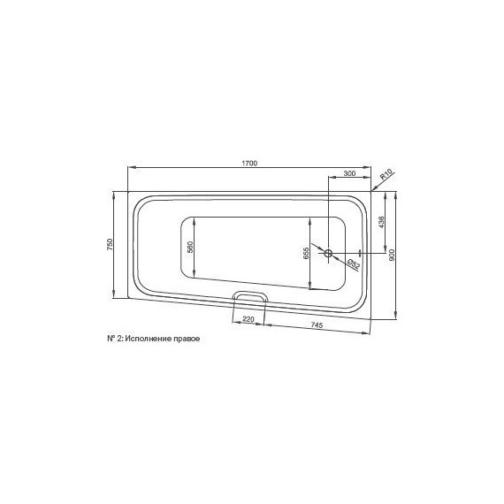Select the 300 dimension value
349,173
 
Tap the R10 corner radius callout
386,176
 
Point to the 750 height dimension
109,245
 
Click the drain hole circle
329,254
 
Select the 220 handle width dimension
248,318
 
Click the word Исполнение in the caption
146,339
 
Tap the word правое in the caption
179,339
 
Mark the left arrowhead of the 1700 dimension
131,168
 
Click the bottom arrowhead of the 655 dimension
310,287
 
